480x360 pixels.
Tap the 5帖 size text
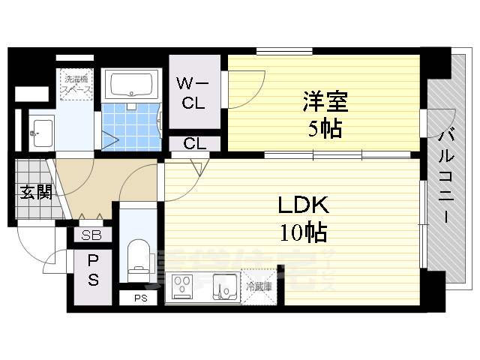coord(323,129)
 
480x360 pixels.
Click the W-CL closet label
coord(193,92)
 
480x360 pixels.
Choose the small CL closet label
coord(193,143)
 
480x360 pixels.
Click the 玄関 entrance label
coord(34,192)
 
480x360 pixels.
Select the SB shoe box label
coord(92,235)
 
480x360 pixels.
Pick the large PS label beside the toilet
coord(94,270)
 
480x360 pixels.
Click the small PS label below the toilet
coord(140,298)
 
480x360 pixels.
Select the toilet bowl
coord(138,255)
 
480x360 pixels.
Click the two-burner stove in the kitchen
coord(184,286)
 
